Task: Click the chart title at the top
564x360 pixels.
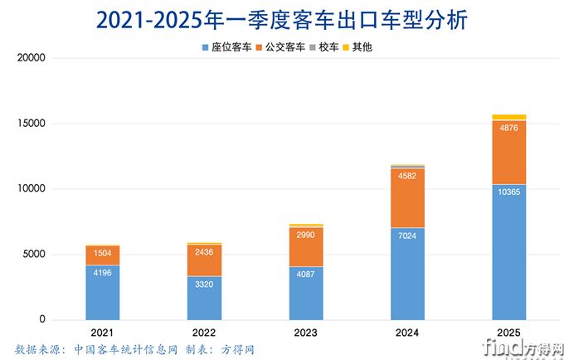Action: pyautogui.click(x=282, y=19)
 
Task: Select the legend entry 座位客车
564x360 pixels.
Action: pyautogui.click(x=229, y=47)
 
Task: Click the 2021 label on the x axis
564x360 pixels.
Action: pyautogui.click(x=102, y=332)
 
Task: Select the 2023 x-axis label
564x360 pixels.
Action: pyautogui.click(x=305, y=332)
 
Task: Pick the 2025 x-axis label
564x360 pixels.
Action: pyautogui.click(x=508, y=332)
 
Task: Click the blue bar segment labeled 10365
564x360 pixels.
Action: pyautogui.click(x=508, y=252)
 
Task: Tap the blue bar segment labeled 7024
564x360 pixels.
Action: pyautogui.click(x=407, y=274)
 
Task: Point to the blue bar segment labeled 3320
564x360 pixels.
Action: pyautogui.click(x=204, y=298)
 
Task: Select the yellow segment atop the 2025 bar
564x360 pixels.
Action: pyautogui.click(x=508, y=117)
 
